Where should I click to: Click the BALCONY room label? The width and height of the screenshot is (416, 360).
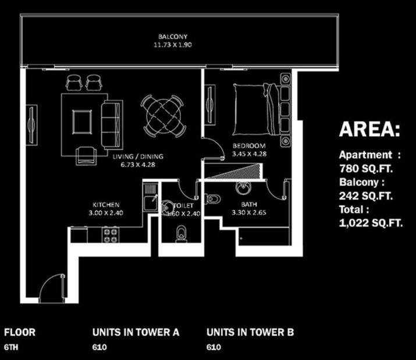173,36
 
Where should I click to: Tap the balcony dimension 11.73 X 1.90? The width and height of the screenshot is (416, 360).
173,45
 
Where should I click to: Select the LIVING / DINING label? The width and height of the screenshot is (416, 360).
138,156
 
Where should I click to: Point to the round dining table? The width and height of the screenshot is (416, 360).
162,116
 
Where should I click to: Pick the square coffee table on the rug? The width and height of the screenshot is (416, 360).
82,122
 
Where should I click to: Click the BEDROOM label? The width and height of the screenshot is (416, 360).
249,145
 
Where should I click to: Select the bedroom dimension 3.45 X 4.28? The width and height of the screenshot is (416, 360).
249,154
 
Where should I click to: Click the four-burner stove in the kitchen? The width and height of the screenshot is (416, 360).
111,235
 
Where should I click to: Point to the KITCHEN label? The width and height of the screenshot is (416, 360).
106,205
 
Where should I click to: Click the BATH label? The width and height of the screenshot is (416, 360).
249,204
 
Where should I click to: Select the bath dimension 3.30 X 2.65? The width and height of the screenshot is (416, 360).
249,212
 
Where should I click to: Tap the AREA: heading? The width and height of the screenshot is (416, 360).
369,130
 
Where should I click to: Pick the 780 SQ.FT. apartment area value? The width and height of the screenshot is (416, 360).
366,168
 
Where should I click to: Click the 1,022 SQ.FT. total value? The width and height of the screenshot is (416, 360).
371,223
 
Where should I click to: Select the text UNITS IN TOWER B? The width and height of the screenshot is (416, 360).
250,332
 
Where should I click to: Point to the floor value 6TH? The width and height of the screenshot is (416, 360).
11,347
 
